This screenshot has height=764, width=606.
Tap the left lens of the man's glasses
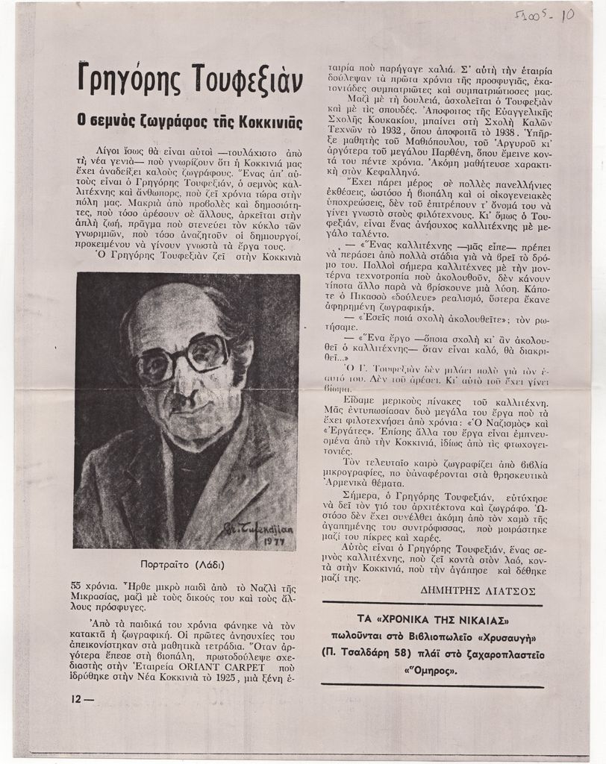154,366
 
